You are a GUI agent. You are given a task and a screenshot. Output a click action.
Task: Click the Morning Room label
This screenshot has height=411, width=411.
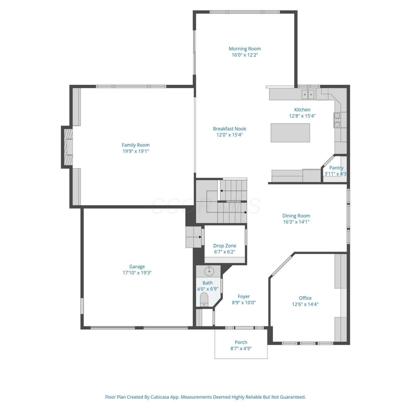click(x=245, y=49)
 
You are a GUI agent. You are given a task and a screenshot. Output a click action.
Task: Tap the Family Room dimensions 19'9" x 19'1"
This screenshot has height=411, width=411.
click(x=136, y=151)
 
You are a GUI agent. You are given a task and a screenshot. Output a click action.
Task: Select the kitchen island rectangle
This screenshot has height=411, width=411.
click(x=290, y=133)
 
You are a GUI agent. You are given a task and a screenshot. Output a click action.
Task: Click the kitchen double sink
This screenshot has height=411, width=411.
click(x=308, y=94)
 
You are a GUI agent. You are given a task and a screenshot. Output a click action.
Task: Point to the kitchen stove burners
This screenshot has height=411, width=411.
click(x=337, y=120)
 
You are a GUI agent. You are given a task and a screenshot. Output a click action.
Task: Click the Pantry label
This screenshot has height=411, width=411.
click(x=336, y=168)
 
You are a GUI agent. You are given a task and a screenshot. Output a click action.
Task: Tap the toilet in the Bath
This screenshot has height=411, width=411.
click(x=204, y=299)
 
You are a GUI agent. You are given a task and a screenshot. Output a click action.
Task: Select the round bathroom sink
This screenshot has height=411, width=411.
click(x=209, y=271)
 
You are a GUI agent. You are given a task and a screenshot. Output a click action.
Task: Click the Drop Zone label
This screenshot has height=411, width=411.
click(x=225, y=246)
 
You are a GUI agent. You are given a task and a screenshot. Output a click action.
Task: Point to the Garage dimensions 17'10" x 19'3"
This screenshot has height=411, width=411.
click(x=137, y=273)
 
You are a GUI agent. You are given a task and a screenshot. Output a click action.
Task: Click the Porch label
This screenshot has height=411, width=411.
click(x=241, y=342)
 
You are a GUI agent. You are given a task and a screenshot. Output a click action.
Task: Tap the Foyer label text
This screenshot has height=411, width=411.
click(x=244, y=296)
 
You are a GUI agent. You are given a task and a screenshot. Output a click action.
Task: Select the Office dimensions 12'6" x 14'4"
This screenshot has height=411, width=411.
click(x=305, y=304)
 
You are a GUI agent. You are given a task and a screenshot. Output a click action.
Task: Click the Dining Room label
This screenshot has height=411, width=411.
click(x=296, y=216)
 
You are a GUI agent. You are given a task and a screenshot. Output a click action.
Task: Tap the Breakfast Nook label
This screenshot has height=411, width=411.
click(x=230, y=129)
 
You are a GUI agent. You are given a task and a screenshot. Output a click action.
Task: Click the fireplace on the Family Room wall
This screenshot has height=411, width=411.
click(x=67, y=147)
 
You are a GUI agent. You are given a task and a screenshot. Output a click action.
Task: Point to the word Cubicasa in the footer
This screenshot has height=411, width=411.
click(x=160, y=397)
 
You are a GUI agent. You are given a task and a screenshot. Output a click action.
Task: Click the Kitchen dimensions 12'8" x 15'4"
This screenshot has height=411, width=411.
click(x=302, y=116)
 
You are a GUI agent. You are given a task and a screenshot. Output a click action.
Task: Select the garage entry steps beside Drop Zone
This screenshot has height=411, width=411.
click(x=194, y=237)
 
